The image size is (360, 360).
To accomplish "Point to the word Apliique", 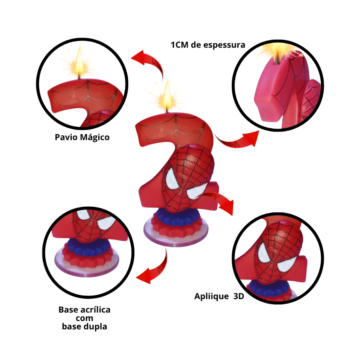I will click(x=211, y=296).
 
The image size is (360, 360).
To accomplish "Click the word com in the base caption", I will click(x=84, y=318).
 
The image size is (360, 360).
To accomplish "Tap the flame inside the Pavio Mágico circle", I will click(x=79, y=63).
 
